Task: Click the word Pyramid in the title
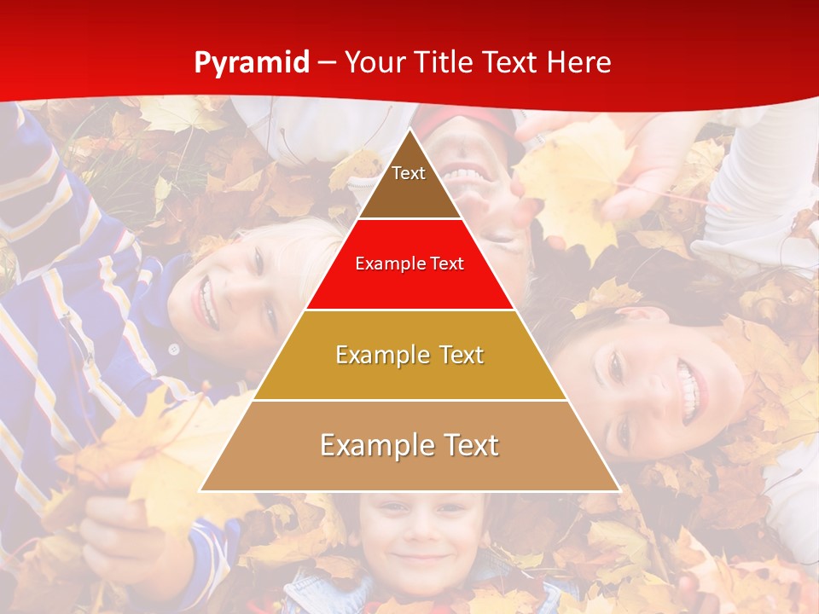point(252,63)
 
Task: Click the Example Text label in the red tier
point(409,264)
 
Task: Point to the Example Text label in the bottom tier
point(409,445)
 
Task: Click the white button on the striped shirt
point(174,349)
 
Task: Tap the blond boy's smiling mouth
point(206,304)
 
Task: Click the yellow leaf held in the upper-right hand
point(572,183)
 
